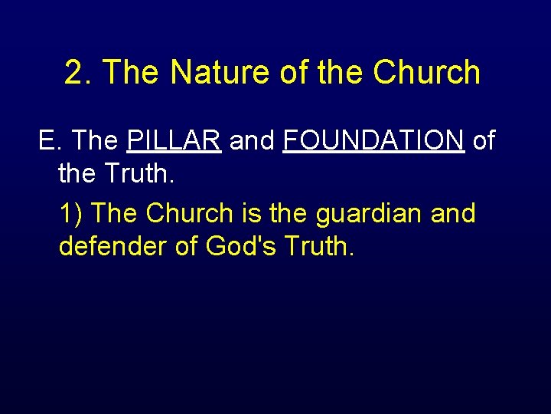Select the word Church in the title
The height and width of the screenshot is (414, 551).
click(x=427, y=73)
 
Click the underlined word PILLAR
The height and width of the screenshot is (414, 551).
click(x=174, y=141)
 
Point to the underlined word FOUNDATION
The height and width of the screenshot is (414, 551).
click(x=373, y=141)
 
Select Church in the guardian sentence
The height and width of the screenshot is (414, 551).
click(x=192, y=213)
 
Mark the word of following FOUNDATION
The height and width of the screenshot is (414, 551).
click(x=484, y=141)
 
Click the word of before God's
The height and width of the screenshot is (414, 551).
click(x=186, y=247)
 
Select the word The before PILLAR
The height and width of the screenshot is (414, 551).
click(x=97, y=141)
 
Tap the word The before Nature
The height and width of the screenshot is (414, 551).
click(x=132, y=73)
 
